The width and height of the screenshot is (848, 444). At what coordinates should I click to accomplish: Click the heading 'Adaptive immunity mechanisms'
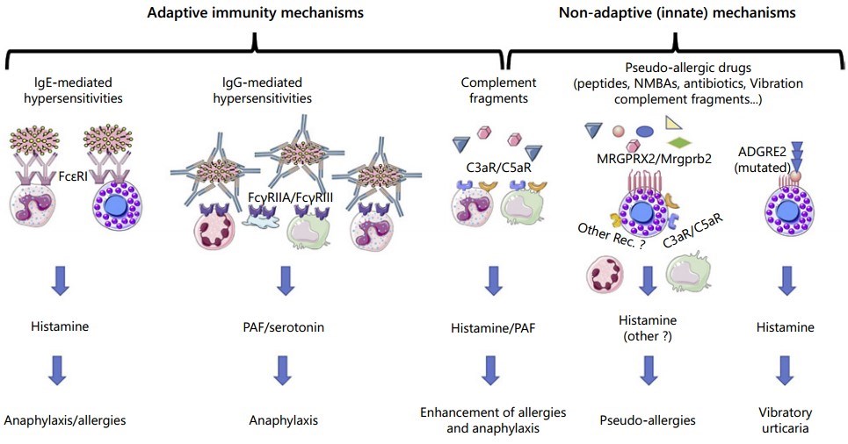[254, 14]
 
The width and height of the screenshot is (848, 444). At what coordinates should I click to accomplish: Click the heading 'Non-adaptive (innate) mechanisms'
[677, 14]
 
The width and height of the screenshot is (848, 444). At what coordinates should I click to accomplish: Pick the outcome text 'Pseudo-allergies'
[648, 420]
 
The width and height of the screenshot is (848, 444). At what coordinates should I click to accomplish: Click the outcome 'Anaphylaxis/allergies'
[64, 420]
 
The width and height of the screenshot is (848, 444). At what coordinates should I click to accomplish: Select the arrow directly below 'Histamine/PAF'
[492, 370]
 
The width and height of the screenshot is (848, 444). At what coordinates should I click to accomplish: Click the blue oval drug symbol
[644, 132]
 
